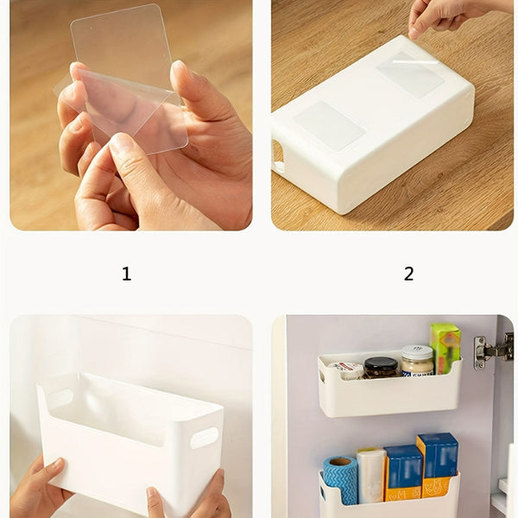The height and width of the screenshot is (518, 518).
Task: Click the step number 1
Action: [126, 275]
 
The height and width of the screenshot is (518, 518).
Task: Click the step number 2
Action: [408, 275]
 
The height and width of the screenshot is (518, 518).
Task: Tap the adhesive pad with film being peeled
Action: [411, 74]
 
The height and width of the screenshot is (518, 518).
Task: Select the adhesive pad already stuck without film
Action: [329, 125]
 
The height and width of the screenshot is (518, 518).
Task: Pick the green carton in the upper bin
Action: [445, 348]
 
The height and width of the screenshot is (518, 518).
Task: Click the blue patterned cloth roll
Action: [339, 479]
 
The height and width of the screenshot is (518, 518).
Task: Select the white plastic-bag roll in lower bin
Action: [371, 475]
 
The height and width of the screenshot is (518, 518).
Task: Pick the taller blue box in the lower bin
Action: [438, 464]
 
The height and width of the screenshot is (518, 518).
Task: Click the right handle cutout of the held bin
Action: [204, 438]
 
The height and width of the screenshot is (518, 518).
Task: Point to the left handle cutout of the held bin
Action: [60, 399]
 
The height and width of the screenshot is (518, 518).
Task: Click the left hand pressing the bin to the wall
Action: [39, 492]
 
